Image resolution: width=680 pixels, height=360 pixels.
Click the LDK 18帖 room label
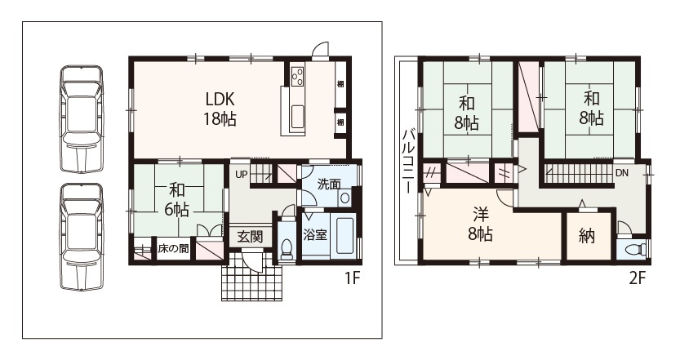pyautogui.click(x=220, y=109)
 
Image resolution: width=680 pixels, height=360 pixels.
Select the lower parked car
pyautogui.click(x=82, y=237)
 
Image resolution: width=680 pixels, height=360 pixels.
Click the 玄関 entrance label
pyautogui.click(x=251, y=237)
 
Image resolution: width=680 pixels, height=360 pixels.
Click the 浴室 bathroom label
pyautogui.click(x=315, y=235)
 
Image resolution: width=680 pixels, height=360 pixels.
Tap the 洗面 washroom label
pyautogui.click(x=329, y=184)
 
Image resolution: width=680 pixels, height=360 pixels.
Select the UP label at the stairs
pyautogui.click(x=241, y=175)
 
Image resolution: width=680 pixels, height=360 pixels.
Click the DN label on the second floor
pyautogui.click(x=621, y=172)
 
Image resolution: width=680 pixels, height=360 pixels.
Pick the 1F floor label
pyautogui.click(x=353, y=278)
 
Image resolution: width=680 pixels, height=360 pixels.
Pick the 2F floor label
pyautogui.click(x=637, y=278)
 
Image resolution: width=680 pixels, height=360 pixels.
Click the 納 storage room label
pyautogui.click(x=586, y=237)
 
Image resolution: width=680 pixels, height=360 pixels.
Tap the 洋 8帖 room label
pyautogui.click(x=481, y=224)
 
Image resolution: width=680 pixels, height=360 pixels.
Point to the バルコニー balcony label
pyautogui.click(x=409, y=161)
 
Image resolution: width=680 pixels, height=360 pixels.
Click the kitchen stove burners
pyautogui.click(x=297, y=77)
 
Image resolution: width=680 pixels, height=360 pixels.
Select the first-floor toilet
pyautogui.click(x=287, y=249)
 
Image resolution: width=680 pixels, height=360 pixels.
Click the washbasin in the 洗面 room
pyautogui.click(x=345, y=198)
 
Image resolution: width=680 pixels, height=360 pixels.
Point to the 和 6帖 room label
pyautogui.click(x=176, y=200)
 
